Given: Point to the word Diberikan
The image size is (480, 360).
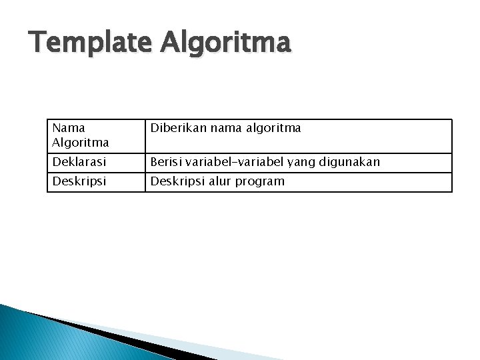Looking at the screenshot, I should point(178,127).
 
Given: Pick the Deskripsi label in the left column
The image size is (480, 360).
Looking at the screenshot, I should point(77,181).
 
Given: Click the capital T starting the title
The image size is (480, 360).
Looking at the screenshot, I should point(38,43).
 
